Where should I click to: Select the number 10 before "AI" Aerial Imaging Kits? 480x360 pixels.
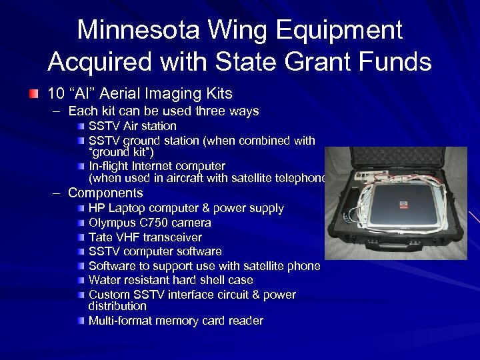pyautogui.click(x=57, y=93)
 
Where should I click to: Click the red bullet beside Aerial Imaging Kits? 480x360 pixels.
pyautogui.click(x=33, y=93)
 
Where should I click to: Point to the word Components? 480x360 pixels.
pyautogui.click(x=105, y=193)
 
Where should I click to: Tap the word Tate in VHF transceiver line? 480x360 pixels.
pyautogui.click(x=100, y=237)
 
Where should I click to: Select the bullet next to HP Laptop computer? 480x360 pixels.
pyautogui.click(x=80, y=209)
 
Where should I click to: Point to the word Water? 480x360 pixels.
pyautogui.click(x=103, y=281)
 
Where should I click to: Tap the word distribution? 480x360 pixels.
pyautogui.click(x=117, y=306)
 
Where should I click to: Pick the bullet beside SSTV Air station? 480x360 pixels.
pyautogui.click(x=80, y=126)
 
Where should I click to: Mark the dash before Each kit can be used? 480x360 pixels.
pyautogui.click(x=57, y=111)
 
